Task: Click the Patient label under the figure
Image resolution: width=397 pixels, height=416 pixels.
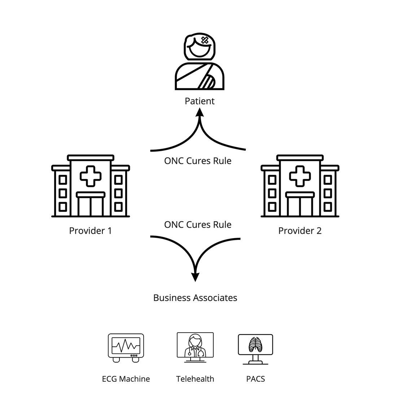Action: [x=199, y=101]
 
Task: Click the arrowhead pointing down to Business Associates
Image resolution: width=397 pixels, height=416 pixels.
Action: [x=195, y=276]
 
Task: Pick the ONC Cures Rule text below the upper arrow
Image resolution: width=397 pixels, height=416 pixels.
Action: [x=197, y=161]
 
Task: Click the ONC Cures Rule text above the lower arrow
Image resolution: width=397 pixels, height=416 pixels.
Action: [x=197, y=224]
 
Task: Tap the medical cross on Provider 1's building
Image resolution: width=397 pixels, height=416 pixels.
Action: [x=91, y=176]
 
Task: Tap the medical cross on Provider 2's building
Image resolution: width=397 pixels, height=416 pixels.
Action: [x=300, y=176]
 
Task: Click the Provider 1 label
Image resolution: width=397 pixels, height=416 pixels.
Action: [x=90, y=231]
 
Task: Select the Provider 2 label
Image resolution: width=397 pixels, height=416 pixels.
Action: [x=300, y=231]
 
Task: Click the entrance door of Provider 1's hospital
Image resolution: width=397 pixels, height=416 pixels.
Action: [x=91, y=206]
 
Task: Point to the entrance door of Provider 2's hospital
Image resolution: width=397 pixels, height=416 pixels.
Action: [x=300, y=206]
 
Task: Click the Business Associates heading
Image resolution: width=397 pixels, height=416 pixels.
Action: [x=195, y=298]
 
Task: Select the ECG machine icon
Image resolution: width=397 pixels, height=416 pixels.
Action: [x=126, y=347]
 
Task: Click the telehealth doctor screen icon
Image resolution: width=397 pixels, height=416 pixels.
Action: [x=195, y=345]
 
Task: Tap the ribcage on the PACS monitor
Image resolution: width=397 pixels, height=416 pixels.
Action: [x=255, y=345]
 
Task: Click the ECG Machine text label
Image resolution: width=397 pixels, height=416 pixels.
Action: [x=126, y=379]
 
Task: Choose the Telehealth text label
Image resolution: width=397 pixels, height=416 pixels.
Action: [x=195, y=379]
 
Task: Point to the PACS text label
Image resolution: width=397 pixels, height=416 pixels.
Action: [x=256, y=379]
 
